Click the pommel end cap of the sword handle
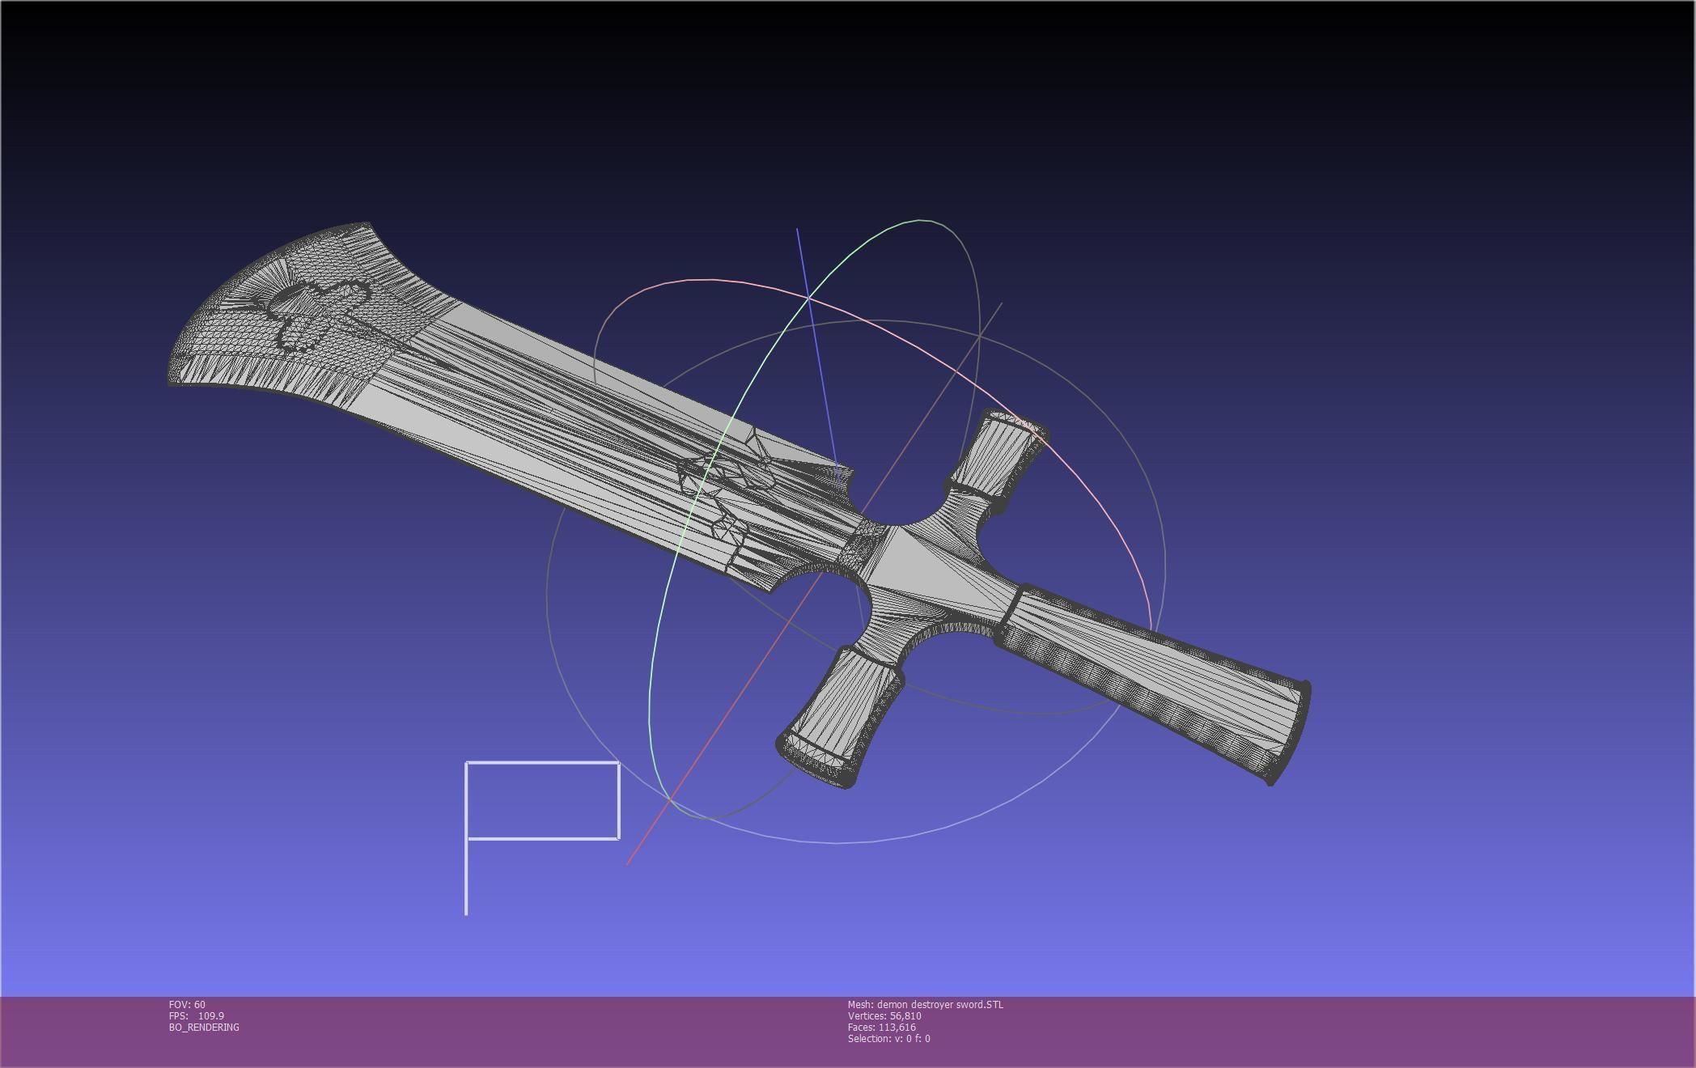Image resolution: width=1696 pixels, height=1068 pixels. pyautogui.click(x=1293, y=732)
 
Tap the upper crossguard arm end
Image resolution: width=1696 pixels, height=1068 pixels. pyautogui.click(x=1015, y=428)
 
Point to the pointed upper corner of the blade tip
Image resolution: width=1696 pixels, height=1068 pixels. pyautogui.click(x=366, y=225)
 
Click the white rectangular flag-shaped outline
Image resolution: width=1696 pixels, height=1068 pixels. pyautogui.click(x=543, y=800)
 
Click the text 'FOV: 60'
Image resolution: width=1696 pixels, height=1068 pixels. pyautogui.click(x=187, y=1004)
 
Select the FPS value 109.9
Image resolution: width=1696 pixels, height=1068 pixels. pyautogui.click(x=211, y=1015)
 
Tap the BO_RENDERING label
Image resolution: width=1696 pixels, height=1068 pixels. pyautogui.click(x=204, y=1027)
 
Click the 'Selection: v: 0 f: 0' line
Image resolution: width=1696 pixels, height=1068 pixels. pyautogui.click(x=888, y=1038)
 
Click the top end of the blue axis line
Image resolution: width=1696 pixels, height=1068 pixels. pyautogui.click(x=797, y=230)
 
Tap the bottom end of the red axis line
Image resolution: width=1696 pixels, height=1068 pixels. pyautogui.click(x=628, y=862)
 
